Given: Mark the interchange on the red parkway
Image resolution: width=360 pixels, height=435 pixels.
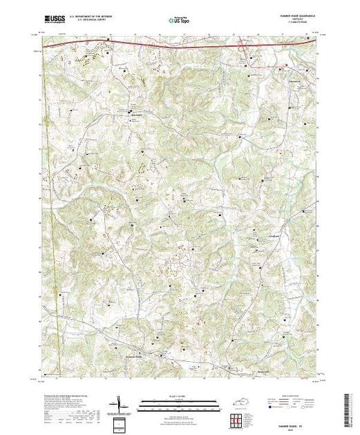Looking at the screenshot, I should [x=243, y=48].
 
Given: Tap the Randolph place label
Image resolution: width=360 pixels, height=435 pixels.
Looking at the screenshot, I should [x=136, y=112].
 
